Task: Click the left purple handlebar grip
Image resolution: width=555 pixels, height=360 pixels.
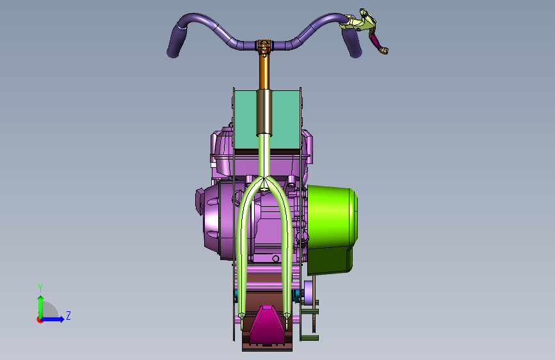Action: pos(175,42)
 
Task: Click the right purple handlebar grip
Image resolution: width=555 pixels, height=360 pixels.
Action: pos(352,42)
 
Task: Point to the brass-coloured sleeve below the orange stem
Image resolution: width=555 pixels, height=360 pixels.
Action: pos(264,112)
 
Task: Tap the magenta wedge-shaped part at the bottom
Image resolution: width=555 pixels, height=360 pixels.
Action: pos(267,326)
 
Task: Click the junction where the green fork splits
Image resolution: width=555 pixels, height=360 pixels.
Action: pos(264,179)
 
